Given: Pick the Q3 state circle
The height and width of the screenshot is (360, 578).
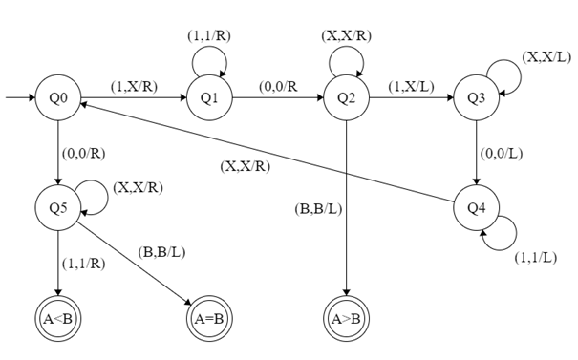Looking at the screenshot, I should (475, 97).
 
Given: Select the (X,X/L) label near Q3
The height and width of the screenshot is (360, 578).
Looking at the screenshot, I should (546, 56).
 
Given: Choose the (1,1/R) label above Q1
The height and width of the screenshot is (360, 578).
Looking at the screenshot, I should (208, 36).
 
